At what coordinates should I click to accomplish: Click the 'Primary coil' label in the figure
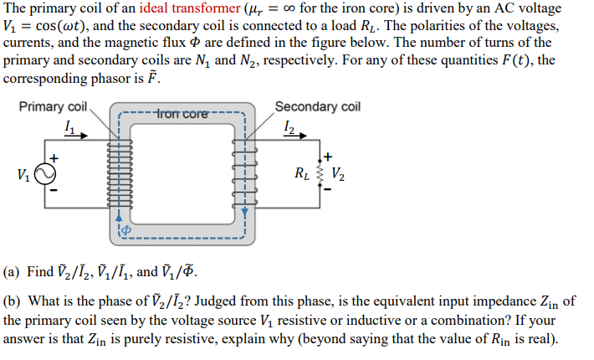pos(53,106)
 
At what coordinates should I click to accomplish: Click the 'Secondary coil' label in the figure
pos(317,106)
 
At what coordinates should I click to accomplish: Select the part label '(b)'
pos(12,301)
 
